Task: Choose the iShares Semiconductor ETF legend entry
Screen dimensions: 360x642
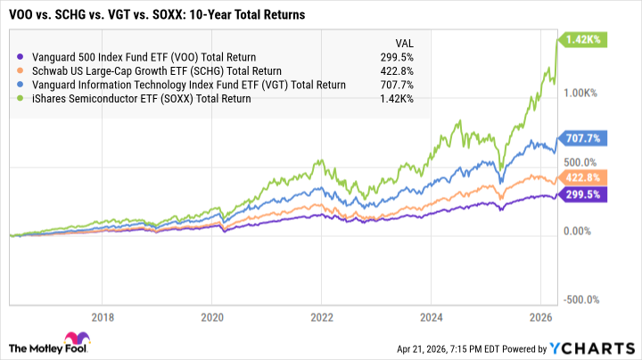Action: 140,98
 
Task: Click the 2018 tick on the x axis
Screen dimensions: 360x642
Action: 103,316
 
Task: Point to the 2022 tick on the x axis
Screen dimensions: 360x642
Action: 322,316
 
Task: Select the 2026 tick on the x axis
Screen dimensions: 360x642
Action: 539,316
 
